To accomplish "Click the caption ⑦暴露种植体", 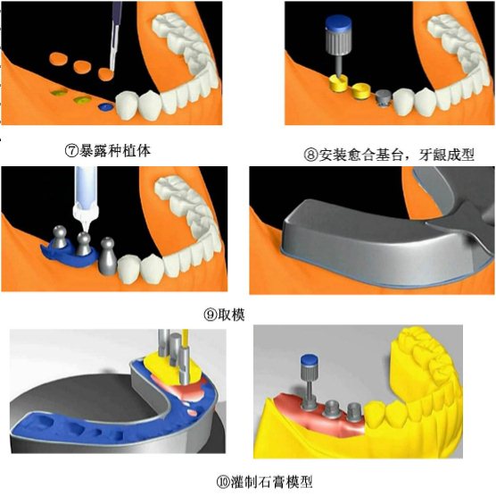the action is pyautogui.click(x=108, y=151).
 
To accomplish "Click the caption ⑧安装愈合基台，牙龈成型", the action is pyautogui.click(x=389, y=155).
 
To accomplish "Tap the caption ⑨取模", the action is pyautogui.click(x=224, y=315).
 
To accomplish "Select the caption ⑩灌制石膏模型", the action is pyautogui.click(x=264, y=482).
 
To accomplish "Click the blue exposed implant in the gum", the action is pyautogui.click(x=106, y=107).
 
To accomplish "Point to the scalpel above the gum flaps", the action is pyautogui.click(x=115, y=35).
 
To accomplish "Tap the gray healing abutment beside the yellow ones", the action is pyautogui.click(x=383, y=97).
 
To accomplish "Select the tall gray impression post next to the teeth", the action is pyautogui.click(x=108, y=255).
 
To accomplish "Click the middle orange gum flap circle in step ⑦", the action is pyautogui.click(x=82, y=66).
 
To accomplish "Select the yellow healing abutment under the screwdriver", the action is pyautogui.click(x=338, y=83).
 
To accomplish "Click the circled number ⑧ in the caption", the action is pyautogui.click(x=310, y=156).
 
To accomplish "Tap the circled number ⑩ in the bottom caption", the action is pyautogui.click(x=223, y=482).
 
